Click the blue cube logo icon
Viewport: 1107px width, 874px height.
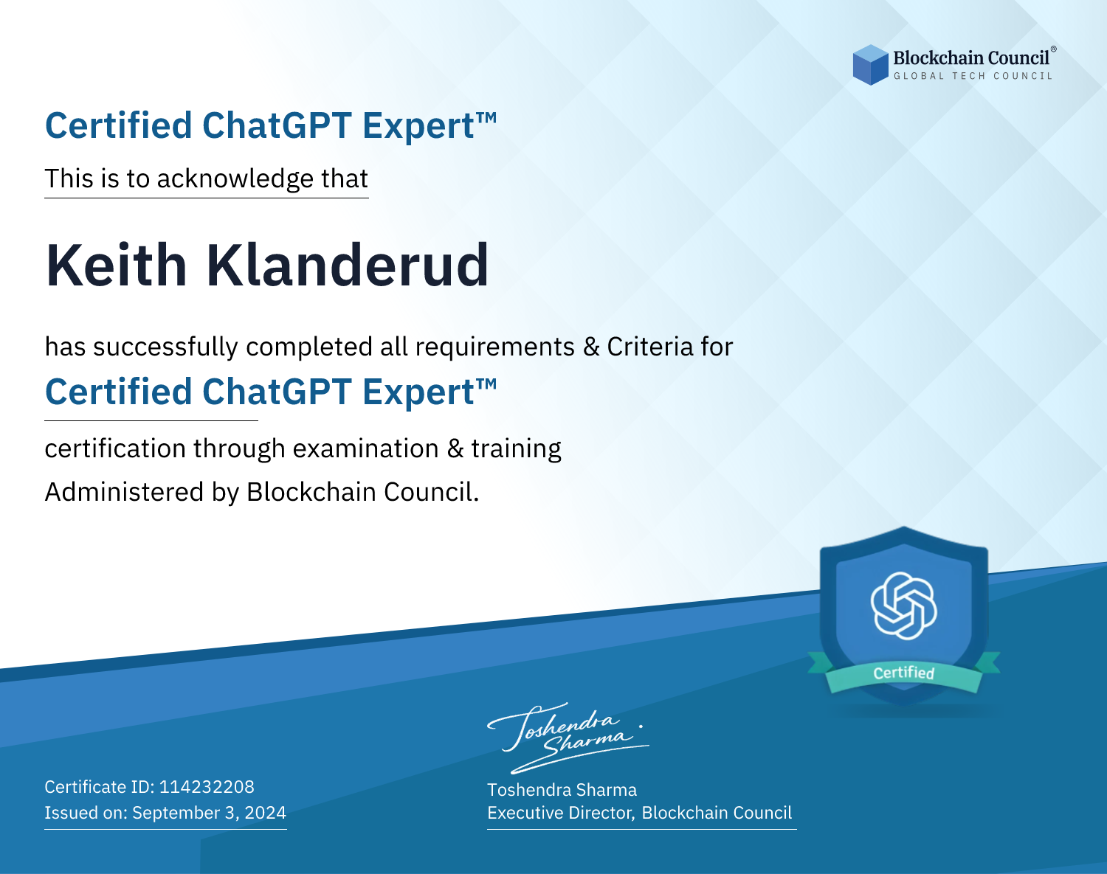pos(870,65)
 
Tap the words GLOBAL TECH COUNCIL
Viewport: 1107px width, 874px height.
pos(973,76)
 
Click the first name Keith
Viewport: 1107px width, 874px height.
pos(117,266)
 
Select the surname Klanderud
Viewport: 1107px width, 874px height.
pos(347,266)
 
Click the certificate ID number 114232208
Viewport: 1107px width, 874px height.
pos(207,786)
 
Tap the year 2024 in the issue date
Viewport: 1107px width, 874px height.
pos(265,812)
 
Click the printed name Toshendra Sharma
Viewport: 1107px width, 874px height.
pos(562,790)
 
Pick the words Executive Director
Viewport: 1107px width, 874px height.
pos(561,813)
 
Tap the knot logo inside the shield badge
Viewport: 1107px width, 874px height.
pos(904,606)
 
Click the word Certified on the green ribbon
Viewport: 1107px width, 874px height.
pos(904,673)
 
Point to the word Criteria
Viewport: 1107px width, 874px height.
pos(649,347)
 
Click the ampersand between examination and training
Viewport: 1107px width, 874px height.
pos(455,448)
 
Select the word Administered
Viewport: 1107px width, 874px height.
pos(125,491)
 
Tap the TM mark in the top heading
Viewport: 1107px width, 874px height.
pos(486,118)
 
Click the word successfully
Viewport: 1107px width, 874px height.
pos(165,347)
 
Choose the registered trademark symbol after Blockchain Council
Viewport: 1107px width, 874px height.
pos(1054,49)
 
